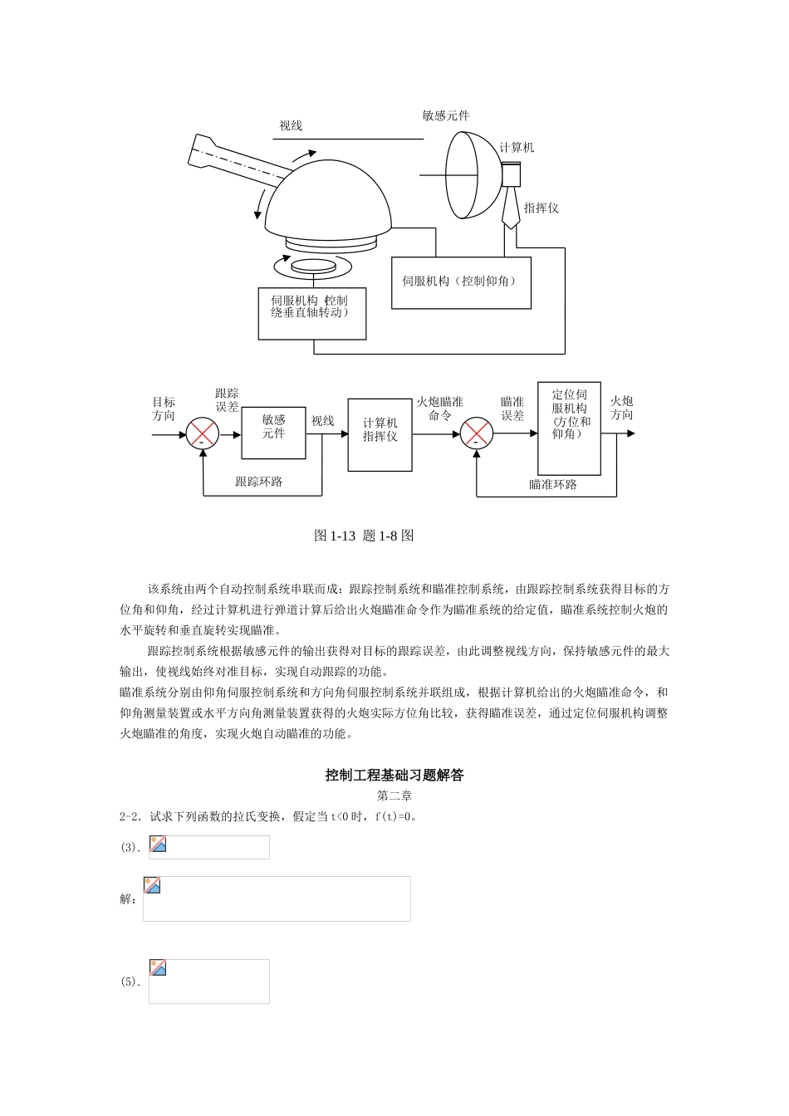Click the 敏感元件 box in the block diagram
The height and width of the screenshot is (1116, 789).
click(x=273, y=433)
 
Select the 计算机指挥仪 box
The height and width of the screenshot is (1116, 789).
click(x=380, y=434)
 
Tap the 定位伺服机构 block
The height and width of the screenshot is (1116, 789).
click(x=569, y=428)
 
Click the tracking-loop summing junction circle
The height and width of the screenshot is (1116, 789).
click(x=202, y=433)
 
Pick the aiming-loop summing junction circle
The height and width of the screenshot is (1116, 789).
click(x=476, y=433)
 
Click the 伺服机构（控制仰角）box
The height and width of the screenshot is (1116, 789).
click(x=461, y=281)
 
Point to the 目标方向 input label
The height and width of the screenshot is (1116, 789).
click(x=164, y=409)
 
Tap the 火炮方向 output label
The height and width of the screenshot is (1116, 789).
click(x=621, y=408)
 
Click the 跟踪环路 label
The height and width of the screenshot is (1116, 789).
click(x=258, y=482)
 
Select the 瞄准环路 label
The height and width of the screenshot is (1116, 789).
click(x=553, y=484)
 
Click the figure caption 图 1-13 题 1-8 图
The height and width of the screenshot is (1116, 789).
click(x=363, y=536)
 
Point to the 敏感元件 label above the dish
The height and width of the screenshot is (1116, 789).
click(x=445, y=116)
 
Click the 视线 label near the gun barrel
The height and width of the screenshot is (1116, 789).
click(x=291, y=126)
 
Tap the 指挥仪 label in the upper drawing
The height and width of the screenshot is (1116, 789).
click(x=541, y=208)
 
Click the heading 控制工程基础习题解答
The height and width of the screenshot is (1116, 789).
click(x=394, y=776)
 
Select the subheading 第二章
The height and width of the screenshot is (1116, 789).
click(x=394, y=796)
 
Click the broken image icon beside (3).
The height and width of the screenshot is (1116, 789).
click(x=158, y=844)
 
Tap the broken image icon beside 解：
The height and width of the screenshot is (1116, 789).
click(x=152, y=885)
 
